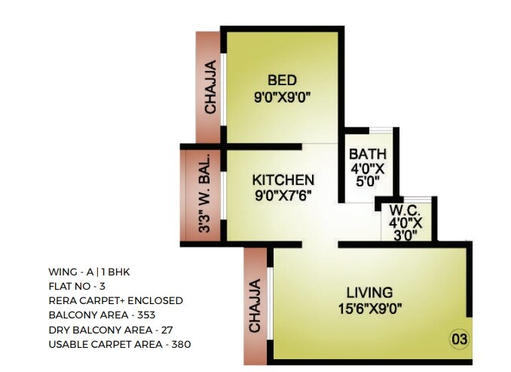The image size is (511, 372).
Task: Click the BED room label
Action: [283, 80]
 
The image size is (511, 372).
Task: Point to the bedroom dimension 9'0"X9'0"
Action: [283, 96]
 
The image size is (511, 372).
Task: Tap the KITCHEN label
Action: [283, 180]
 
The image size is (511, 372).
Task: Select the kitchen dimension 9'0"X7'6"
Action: [283, 197]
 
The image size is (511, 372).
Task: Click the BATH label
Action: [368, 155]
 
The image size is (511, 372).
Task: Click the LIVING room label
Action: [369, 292]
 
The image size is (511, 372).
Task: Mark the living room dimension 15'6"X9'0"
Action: [369, 308]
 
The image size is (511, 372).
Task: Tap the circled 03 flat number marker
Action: [459, 339]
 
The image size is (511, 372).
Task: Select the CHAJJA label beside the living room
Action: [255, 306]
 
